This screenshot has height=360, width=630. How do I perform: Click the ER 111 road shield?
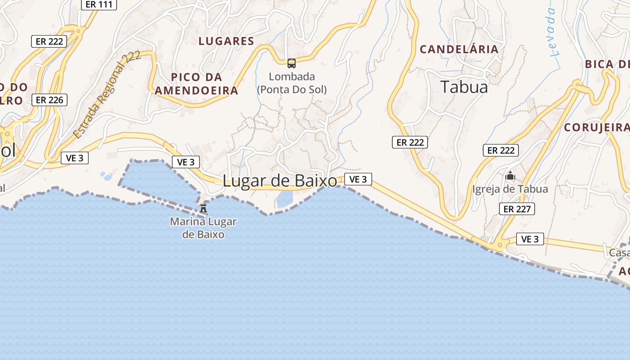pyautogui.click(x=99, y=4)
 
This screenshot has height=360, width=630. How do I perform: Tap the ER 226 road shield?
pyautogui.click(x=49, y=100)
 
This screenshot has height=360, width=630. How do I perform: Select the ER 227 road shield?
pyautogui.click(x=517, y=209)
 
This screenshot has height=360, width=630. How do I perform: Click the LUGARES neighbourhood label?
pyautogui.click(x=226, y=41)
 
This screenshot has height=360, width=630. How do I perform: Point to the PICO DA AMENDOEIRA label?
pyautogui.click(x=196, y=84)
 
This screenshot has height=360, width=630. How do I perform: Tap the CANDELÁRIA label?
pyautogui.click(x=459, y=49)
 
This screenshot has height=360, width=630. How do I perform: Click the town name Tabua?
pyautogui.click(x=464, y=87)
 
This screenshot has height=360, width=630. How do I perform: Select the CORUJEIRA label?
pyautogui.click(x=597, y=127)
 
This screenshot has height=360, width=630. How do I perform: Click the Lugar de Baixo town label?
pyautogui.click(x=280, y=181)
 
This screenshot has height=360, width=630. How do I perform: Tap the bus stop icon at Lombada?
pyautogui.click(x=292, y=63)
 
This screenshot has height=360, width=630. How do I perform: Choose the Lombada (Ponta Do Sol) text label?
pyautogui.click(x=292, y=83)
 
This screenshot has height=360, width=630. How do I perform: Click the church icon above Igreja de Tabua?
pyautogui.click(x=510, y=175)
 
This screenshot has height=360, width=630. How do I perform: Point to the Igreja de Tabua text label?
pyautogui.click(x=510, y=189)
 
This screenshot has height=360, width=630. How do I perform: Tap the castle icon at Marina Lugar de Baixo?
pyautogui.click(x=203, y=208)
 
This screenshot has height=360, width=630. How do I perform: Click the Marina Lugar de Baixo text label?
pyautogui.click(x=203, y=228)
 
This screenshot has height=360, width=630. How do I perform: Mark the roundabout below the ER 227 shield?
pyautogui.click(x=500, y=245)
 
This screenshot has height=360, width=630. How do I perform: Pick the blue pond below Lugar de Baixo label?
pyautogui.click(x=285, y=199)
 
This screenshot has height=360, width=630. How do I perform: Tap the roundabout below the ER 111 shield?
pyautogui.click(x=79, y=31)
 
